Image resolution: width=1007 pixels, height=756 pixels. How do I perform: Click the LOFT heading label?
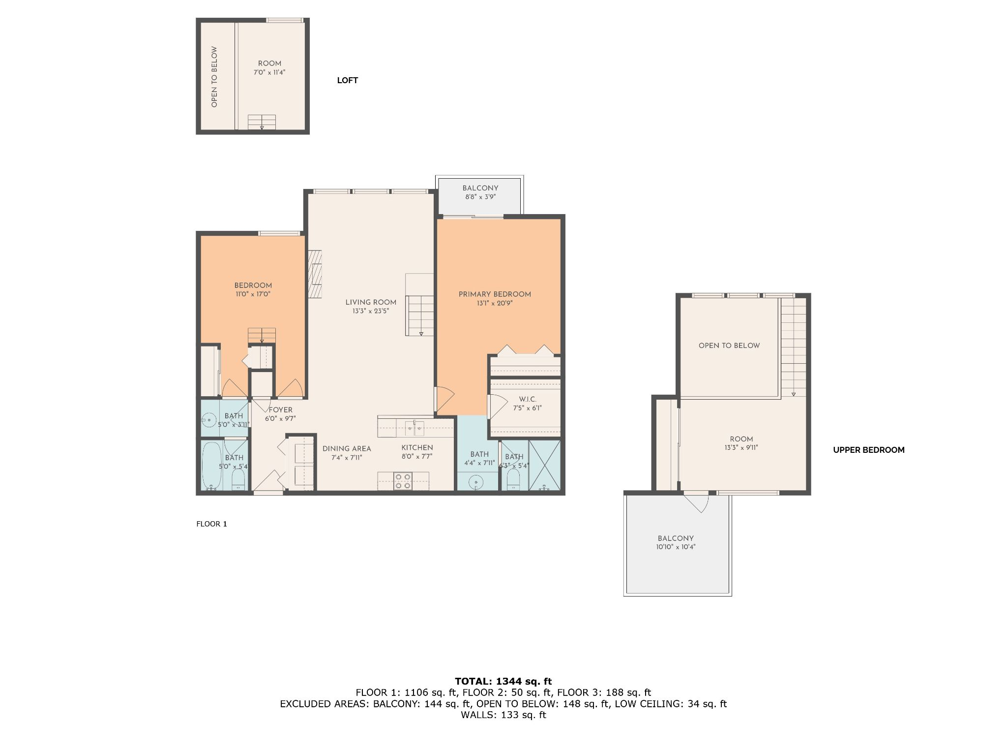347,80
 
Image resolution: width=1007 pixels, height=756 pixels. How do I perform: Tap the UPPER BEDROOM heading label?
869,450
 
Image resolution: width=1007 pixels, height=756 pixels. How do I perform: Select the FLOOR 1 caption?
211,524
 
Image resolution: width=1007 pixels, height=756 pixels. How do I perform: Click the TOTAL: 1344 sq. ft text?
503,681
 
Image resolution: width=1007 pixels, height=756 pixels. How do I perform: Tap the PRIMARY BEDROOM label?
495,294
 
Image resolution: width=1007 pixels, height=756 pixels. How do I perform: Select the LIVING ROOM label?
371,302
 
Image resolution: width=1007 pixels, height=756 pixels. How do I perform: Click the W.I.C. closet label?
528,399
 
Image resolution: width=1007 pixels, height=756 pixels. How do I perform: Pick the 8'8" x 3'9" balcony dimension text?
480,197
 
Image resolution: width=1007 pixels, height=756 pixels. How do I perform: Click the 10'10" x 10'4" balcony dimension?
676,547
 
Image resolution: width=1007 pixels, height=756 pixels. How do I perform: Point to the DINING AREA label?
347,448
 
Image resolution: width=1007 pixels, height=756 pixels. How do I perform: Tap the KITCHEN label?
417,447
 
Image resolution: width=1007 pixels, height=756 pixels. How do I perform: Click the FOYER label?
280,409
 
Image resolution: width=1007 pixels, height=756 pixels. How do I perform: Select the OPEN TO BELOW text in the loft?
214,77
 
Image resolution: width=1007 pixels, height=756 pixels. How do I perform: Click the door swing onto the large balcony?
700,502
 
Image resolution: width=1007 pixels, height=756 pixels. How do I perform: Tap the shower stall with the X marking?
544,465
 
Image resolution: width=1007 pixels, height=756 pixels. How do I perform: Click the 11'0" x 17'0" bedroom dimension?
253,294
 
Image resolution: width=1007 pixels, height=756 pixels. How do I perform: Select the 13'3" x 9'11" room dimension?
741,448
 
